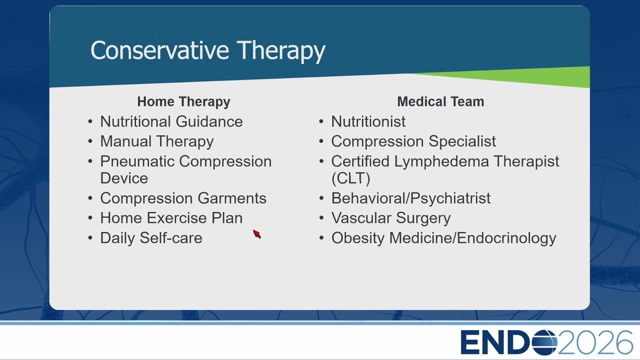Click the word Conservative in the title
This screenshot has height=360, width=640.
click(159, 50)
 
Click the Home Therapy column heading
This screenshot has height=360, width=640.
click(183, 101)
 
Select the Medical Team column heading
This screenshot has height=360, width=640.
click(440, 101)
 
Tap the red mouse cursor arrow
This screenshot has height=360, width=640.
click(257, 233)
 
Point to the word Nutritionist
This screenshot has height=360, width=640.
click(368, 121)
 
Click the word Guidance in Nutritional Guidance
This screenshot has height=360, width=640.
click(209, 121)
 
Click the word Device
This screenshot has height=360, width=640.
click(124, 178)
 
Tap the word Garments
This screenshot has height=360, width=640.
click(232, 198)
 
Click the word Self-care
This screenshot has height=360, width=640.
click(171, 237)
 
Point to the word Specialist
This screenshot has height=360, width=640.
click(462, 141)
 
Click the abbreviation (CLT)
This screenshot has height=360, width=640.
click(351, 178)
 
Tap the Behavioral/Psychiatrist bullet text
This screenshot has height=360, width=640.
click(411, 198)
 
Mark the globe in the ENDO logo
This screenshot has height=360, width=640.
click(544, 342)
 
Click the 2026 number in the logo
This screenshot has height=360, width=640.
click(595, 342)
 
